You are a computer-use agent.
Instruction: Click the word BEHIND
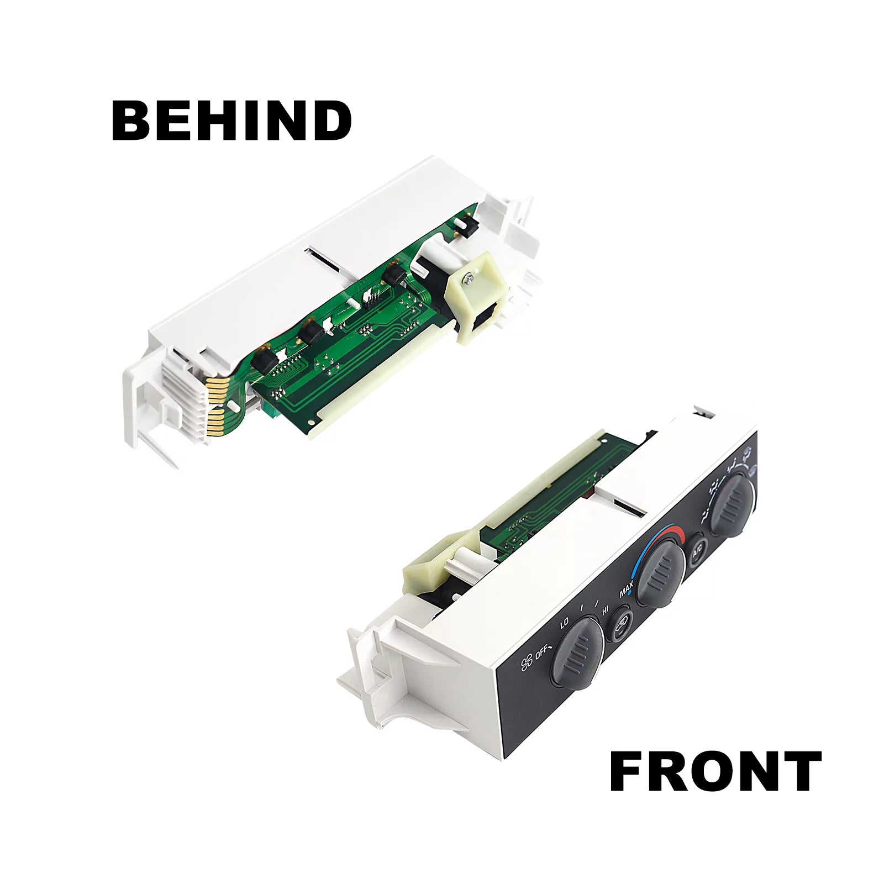(231, 120)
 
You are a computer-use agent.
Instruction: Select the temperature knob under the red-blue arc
(661, 574)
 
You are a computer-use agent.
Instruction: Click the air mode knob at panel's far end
(732, 503)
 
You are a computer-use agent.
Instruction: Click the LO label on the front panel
(564, 624)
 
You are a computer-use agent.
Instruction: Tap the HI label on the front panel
(606, 611)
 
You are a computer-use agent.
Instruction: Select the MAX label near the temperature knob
(626, 590)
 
